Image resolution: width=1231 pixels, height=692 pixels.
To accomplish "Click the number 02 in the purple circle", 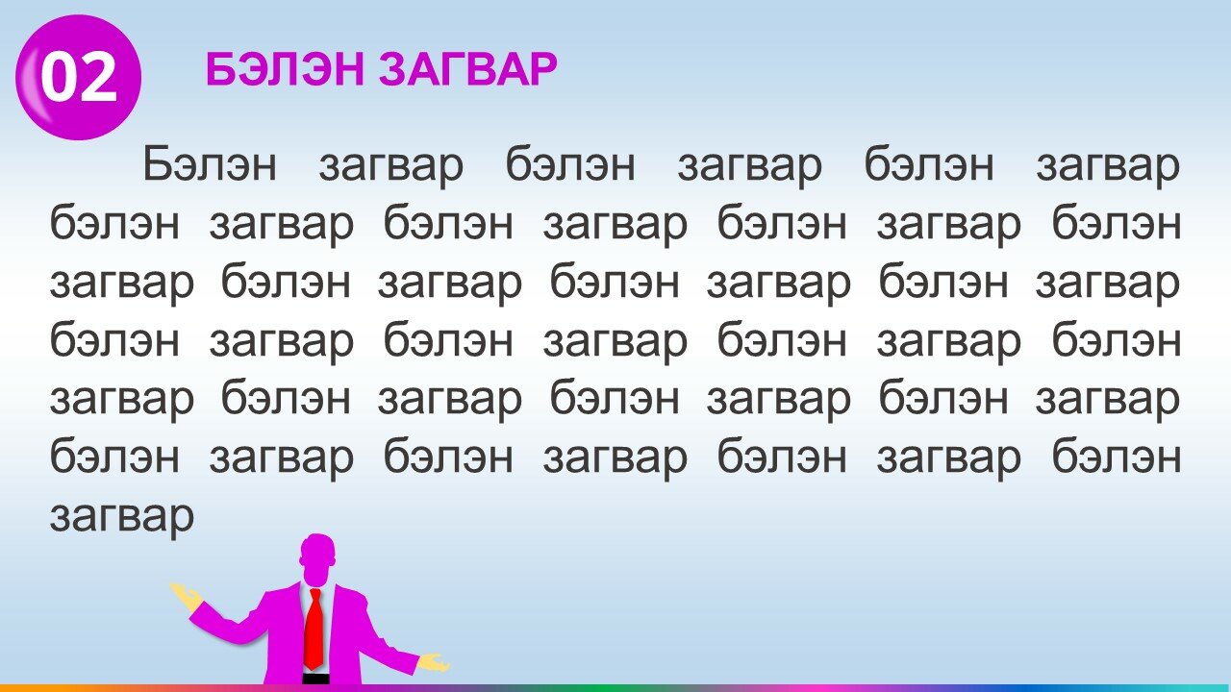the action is [x=79, y=78].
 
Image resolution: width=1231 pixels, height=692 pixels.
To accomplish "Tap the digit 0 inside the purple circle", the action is [x=60, y=78].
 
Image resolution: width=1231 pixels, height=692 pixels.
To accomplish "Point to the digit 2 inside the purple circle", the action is [x=99, y=78].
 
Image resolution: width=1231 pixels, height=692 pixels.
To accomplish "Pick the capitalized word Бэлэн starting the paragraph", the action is [x=210, y=163].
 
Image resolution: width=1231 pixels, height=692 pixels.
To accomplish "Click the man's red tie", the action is [x=314, y=630].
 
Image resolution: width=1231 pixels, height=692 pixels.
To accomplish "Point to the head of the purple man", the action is [x=317, y=558].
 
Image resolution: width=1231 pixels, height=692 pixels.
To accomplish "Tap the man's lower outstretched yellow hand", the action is [x=434, y=663].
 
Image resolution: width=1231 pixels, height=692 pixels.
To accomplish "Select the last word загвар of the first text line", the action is [x=1109, y=164].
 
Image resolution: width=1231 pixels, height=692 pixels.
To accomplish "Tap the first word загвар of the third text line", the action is [x=122, y=283].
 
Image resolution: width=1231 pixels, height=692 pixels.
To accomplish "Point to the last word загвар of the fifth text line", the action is [x=1109, y=399].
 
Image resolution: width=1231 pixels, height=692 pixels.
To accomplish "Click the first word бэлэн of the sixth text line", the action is [x=114, y=456].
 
